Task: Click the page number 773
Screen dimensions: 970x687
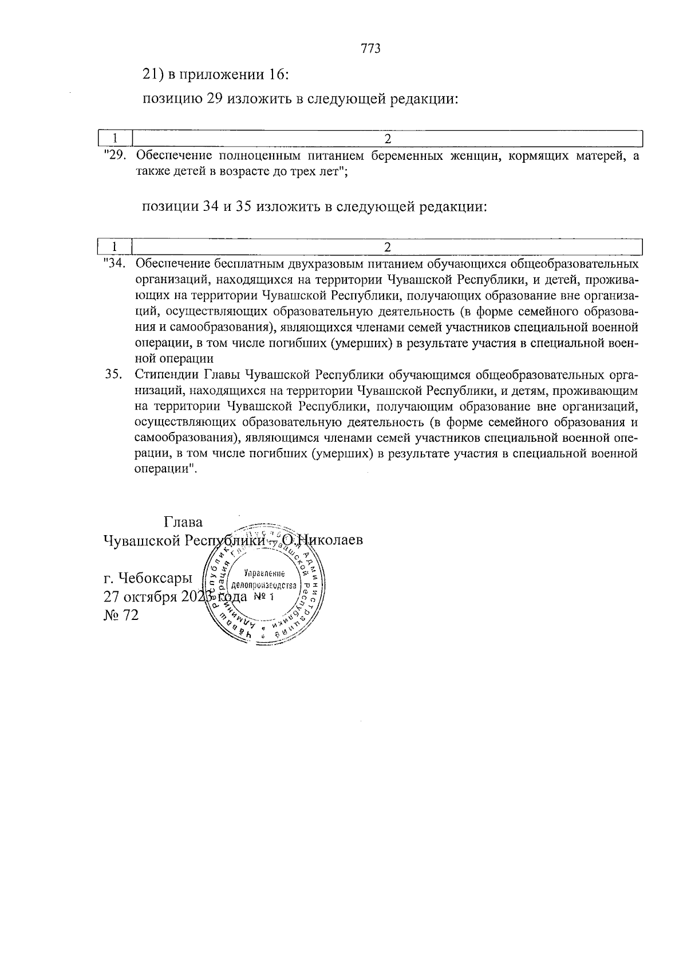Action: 371,49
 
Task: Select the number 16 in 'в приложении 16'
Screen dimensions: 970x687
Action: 278,74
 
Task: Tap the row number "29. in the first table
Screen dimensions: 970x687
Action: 115,155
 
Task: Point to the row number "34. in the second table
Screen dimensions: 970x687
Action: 115,264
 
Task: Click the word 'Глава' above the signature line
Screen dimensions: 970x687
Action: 183,523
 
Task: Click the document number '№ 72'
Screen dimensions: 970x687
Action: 121,615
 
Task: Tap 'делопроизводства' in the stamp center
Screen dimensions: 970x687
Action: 263,586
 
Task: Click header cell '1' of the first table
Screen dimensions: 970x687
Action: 115,139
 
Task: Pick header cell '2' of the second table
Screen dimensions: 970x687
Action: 388,248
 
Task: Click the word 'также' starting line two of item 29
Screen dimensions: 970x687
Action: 149,171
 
